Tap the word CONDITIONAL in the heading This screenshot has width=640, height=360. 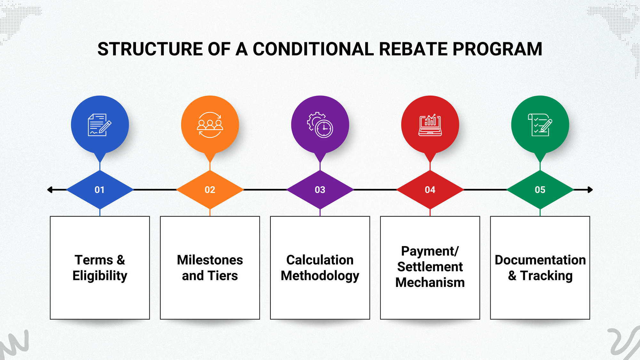(x=313, y=49)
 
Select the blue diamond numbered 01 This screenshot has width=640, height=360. (x=100, y=190)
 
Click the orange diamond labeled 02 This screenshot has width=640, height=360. (x=210, y=190)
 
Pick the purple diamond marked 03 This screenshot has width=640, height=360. (x=320, y=190)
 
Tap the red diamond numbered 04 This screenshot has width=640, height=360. (x=430, y=190)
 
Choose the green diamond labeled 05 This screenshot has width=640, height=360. (x=540, y=190)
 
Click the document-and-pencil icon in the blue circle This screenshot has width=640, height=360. (x=100, y=125)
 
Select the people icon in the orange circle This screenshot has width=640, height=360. (x=210, y=125)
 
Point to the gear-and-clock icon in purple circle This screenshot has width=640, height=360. (x=320, y=125)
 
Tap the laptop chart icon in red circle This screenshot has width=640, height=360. (x=430, y=125)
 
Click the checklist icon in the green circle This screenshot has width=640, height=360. (x=540, y=125)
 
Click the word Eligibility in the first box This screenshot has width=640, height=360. (x=100, y=276)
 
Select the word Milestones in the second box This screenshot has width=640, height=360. (x=210, y=260)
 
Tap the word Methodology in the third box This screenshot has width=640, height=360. (x=320, y=276)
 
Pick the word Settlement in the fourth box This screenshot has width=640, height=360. (x=430, y=267)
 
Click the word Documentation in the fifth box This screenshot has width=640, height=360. (x=540, y=260)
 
